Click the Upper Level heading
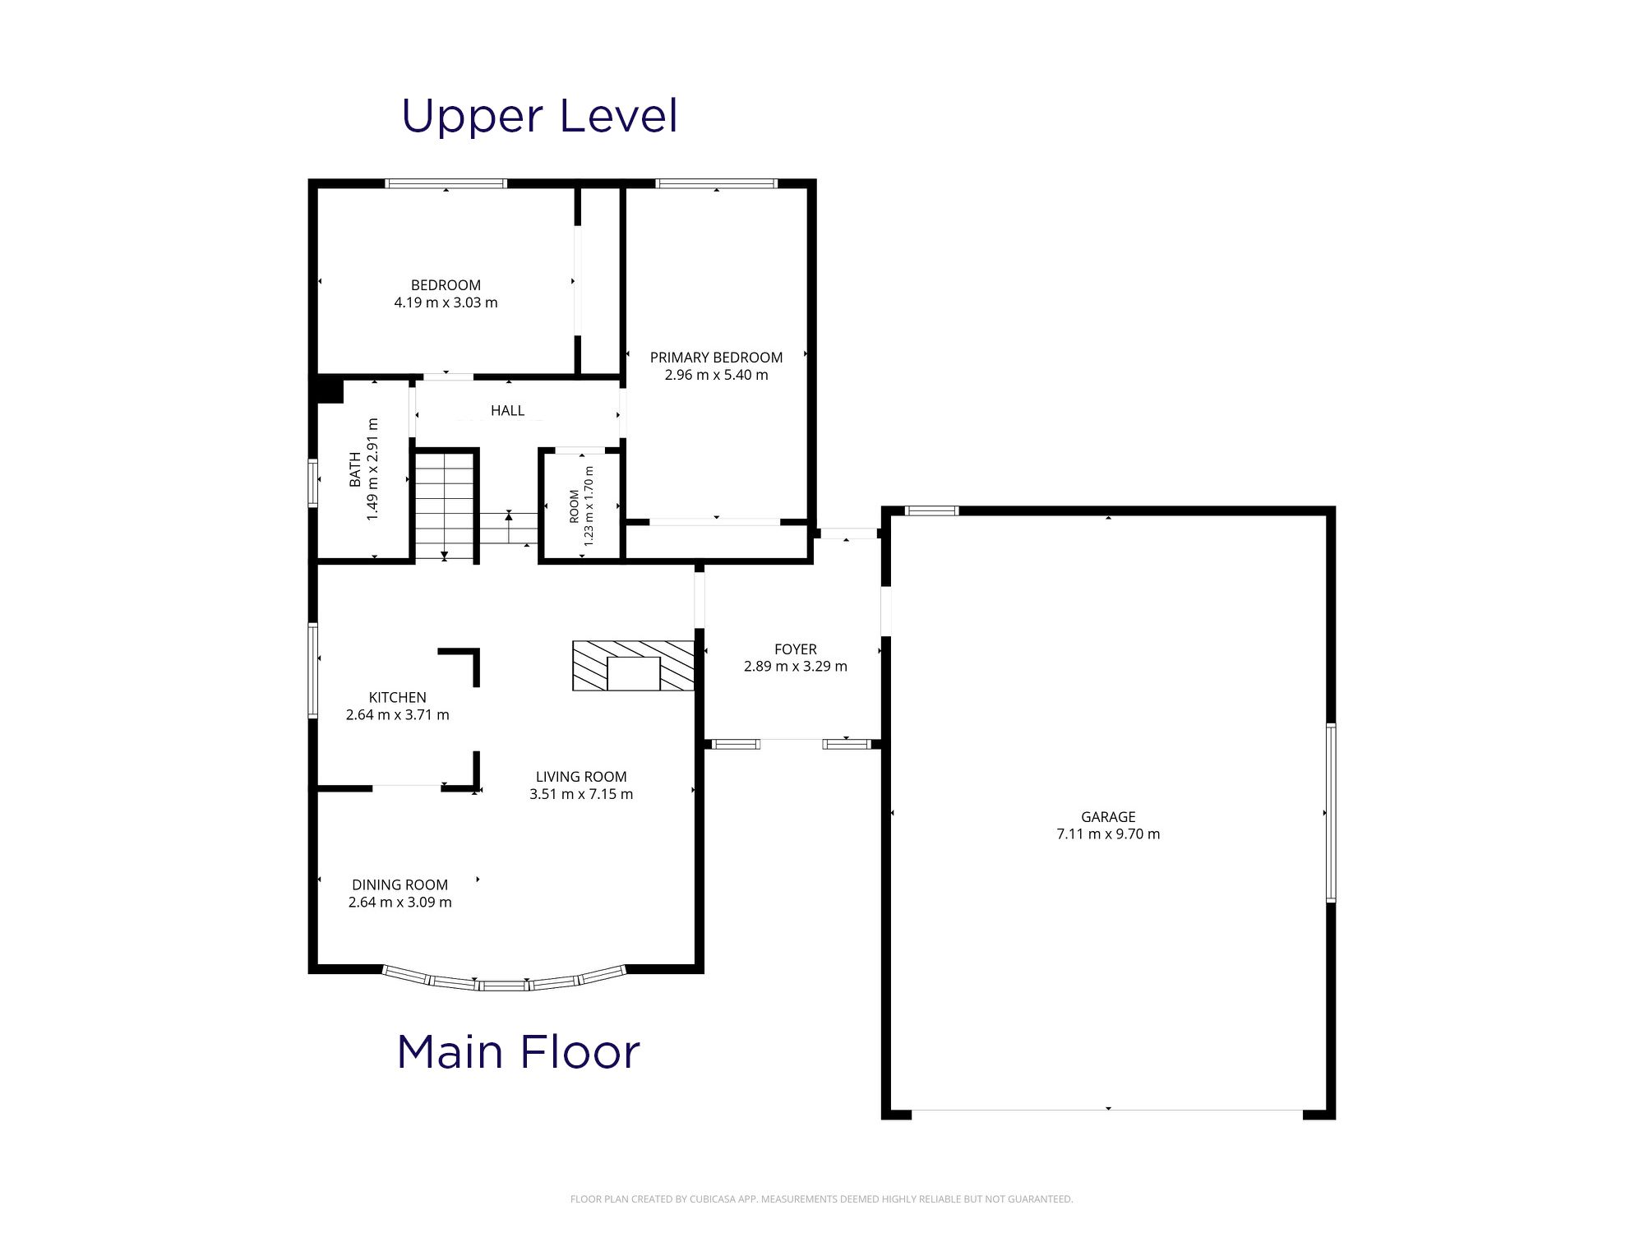(x=539, y=116)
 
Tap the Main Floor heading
(x=518, y=1052)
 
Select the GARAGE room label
(x=1108, y=817)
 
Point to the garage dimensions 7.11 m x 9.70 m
(x=1108, y=834)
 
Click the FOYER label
(x=795, y=649)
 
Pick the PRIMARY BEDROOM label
(x=716, y=358)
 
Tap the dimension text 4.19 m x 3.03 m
(x=446, y=302)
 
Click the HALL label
(x=507, y=410)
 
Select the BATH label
(x=355, y=469)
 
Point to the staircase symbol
(x=445, y=506)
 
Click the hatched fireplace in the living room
(x=634, y=666)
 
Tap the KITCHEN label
(x=397, y=698)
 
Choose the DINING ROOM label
(x=399, y=885)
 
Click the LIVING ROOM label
(x=581, y=777)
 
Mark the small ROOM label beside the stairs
(x=574, y=506)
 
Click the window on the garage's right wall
(x=1331, y=813)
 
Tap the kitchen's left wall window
(x=313, y=671)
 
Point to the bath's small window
(x=313, y=483)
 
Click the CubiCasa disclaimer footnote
(x=822, y=1199)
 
